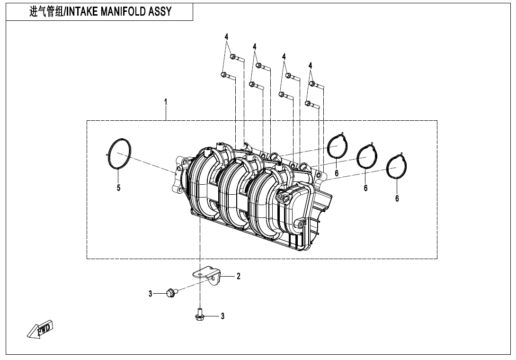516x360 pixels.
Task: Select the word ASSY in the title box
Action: pyautogui.click(x=161, y=12)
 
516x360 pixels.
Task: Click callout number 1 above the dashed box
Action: pyautogui.click(x=166, y=101)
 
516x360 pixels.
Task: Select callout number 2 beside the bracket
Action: pyautogui.click(x=239, y=276)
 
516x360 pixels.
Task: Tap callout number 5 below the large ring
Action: pyautogui.click(x=119, y=188)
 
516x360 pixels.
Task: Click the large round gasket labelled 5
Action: pyautogui.click(x=119, y=153)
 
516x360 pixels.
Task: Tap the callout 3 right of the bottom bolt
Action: pyautogui.click(x=222, y=316)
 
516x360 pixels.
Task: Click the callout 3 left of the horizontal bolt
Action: pyautogui.click(x=151, y=294)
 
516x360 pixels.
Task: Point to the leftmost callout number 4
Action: pyautogui.click(x=226, y=37)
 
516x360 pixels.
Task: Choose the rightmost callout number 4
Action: pyautogui.click(x=311, y=65)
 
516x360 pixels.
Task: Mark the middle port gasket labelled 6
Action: pyautogui.click(x=367, y=156)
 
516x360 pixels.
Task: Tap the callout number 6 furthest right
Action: pyautogui.click(x=397, y=198)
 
